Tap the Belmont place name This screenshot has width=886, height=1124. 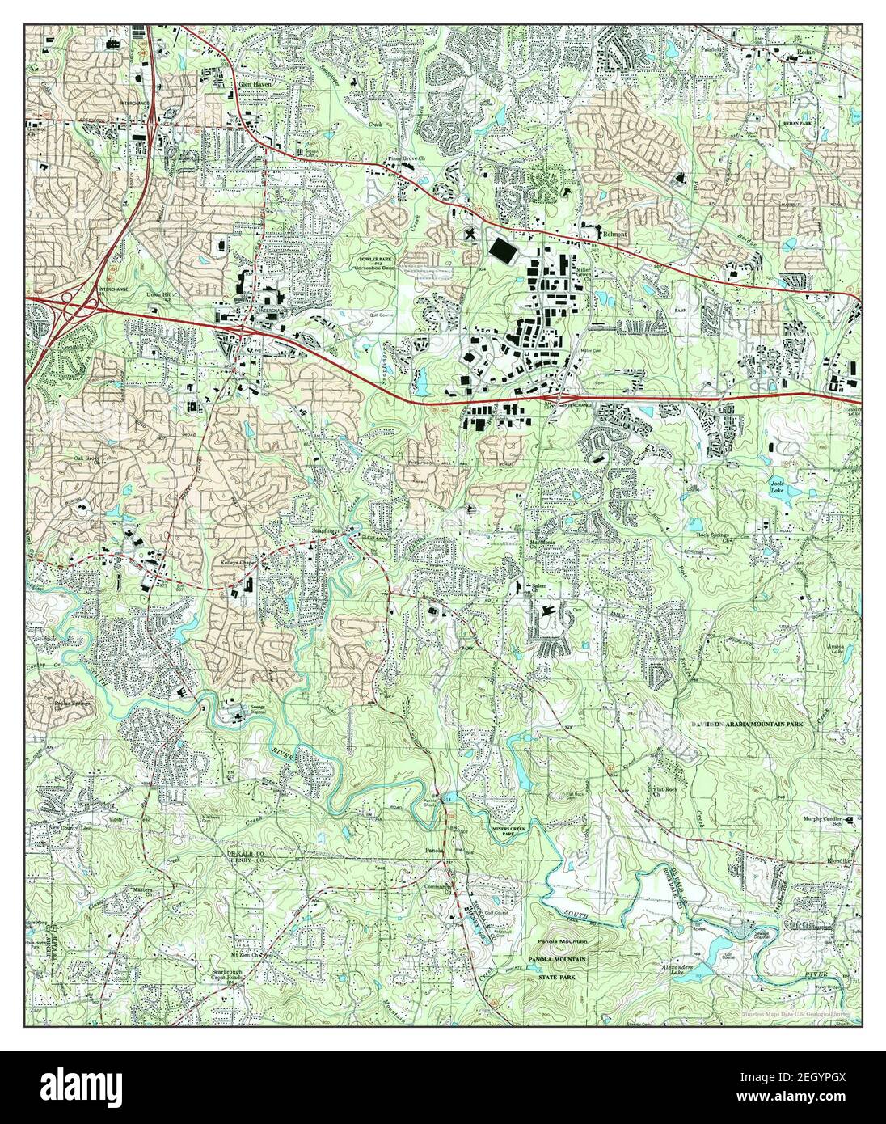616,233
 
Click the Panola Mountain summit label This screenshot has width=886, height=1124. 565,943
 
